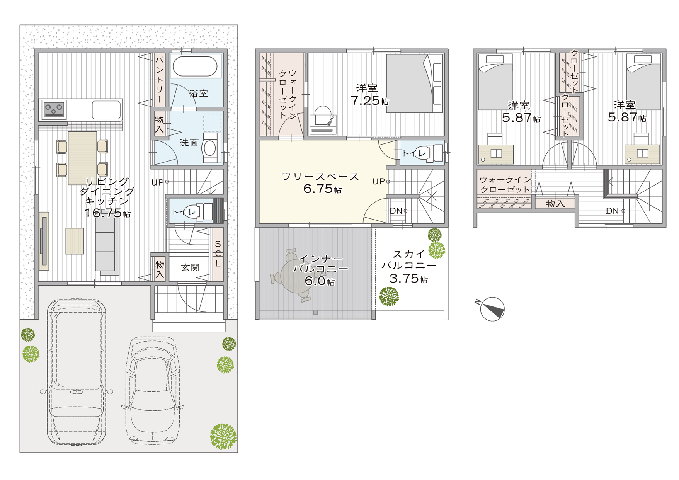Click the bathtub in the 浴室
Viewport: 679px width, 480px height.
pyautogui.click(x=195, y=66)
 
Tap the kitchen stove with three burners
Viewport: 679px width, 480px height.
pyautogui.click(x=54, y=109)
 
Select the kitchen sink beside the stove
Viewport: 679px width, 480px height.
pyautogui.click(x=106, y=110)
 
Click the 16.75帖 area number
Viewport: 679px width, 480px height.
pyautogui.click(x=108, y=213)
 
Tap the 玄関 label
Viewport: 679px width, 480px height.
pyautogui.click(x=190, y=267)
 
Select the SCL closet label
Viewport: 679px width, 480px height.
pyautogui.click(x=218, y=254)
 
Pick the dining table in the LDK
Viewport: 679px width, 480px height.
pyautogui.click(x=82, y=158)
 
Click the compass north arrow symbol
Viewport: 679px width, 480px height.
pyautogui.click(x=492, y=309)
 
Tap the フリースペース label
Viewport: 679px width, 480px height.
pyautogui.click(x=320, y=177)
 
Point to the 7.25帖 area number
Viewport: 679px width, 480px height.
pyautogui.click(x=369, y=100)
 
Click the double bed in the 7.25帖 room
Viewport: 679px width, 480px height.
pyautogui.click(x=414, y=83)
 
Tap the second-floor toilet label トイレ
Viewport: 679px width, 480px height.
pyautogui.click(x=414, y=153)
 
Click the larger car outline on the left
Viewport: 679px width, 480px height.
pyautogui.click(x=77, y=372)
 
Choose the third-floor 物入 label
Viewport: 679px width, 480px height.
pyautogui.click(x=555, y=204)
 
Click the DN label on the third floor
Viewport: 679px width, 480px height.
pyautogui.click(x=612, y=211)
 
